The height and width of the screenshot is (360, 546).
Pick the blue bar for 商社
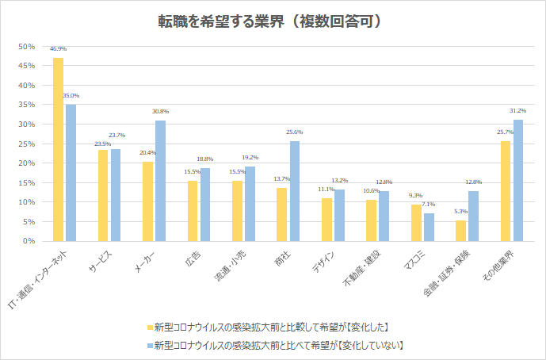[x=295, y=191]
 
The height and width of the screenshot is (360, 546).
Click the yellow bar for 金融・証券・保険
[x=460, y=231]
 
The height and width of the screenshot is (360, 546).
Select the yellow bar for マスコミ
[x=416, y=223]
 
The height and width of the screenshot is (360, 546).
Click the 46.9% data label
[x=58, y=49]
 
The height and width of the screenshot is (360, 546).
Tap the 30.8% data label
[x=160, y=112]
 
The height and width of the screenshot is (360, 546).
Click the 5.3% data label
[x=460, y=211]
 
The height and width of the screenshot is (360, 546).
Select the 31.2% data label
[x=518, y=110]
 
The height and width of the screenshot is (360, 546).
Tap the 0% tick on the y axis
[x=29, y=241]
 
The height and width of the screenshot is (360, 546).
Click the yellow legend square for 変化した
[x=149, y=327]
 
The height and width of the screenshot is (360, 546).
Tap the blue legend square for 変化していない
[x=149, y=345]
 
